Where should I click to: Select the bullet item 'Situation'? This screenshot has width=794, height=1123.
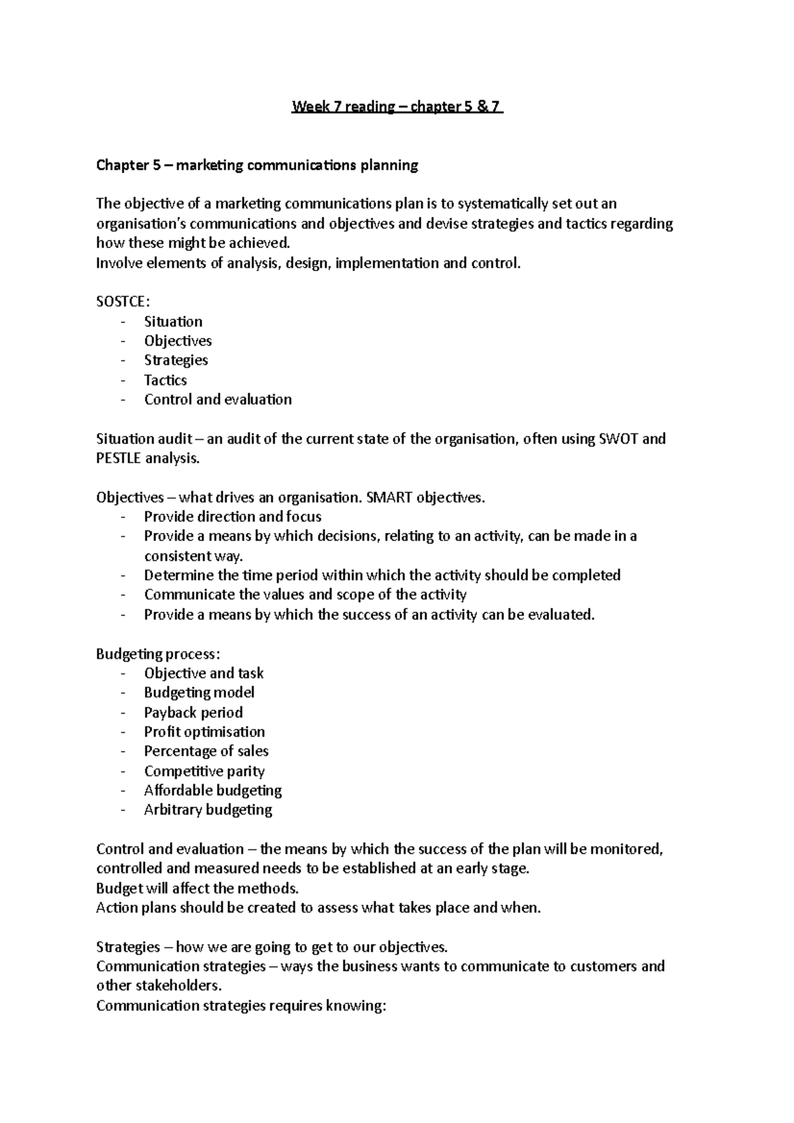pos(173,322)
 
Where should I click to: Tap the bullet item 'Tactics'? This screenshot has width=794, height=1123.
pos(165,380)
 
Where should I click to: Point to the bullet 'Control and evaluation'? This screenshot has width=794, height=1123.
pos(218,399)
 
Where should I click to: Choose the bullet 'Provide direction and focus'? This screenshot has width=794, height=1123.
pos(233,517)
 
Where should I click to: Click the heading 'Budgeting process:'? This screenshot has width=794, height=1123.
pos(157,654)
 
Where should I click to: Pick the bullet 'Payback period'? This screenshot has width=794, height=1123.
pos(193,712)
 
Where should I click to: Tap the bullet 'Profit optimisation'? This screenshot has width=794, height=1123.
pos(204,732)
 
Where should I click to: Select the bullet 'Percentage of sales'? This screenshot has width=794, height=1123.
pos(206,751)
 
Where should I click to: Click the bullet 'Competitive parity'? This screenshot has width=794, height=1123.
pos(204,771)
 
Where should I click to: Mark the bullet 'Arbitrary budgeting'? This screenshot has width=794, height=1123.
pos(208,810)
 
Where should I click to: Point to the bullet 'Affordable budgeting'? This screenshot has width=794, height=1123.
pos(213,790)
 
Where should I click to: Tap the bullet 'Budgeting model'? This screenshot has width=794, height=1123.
pos(199,692)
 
